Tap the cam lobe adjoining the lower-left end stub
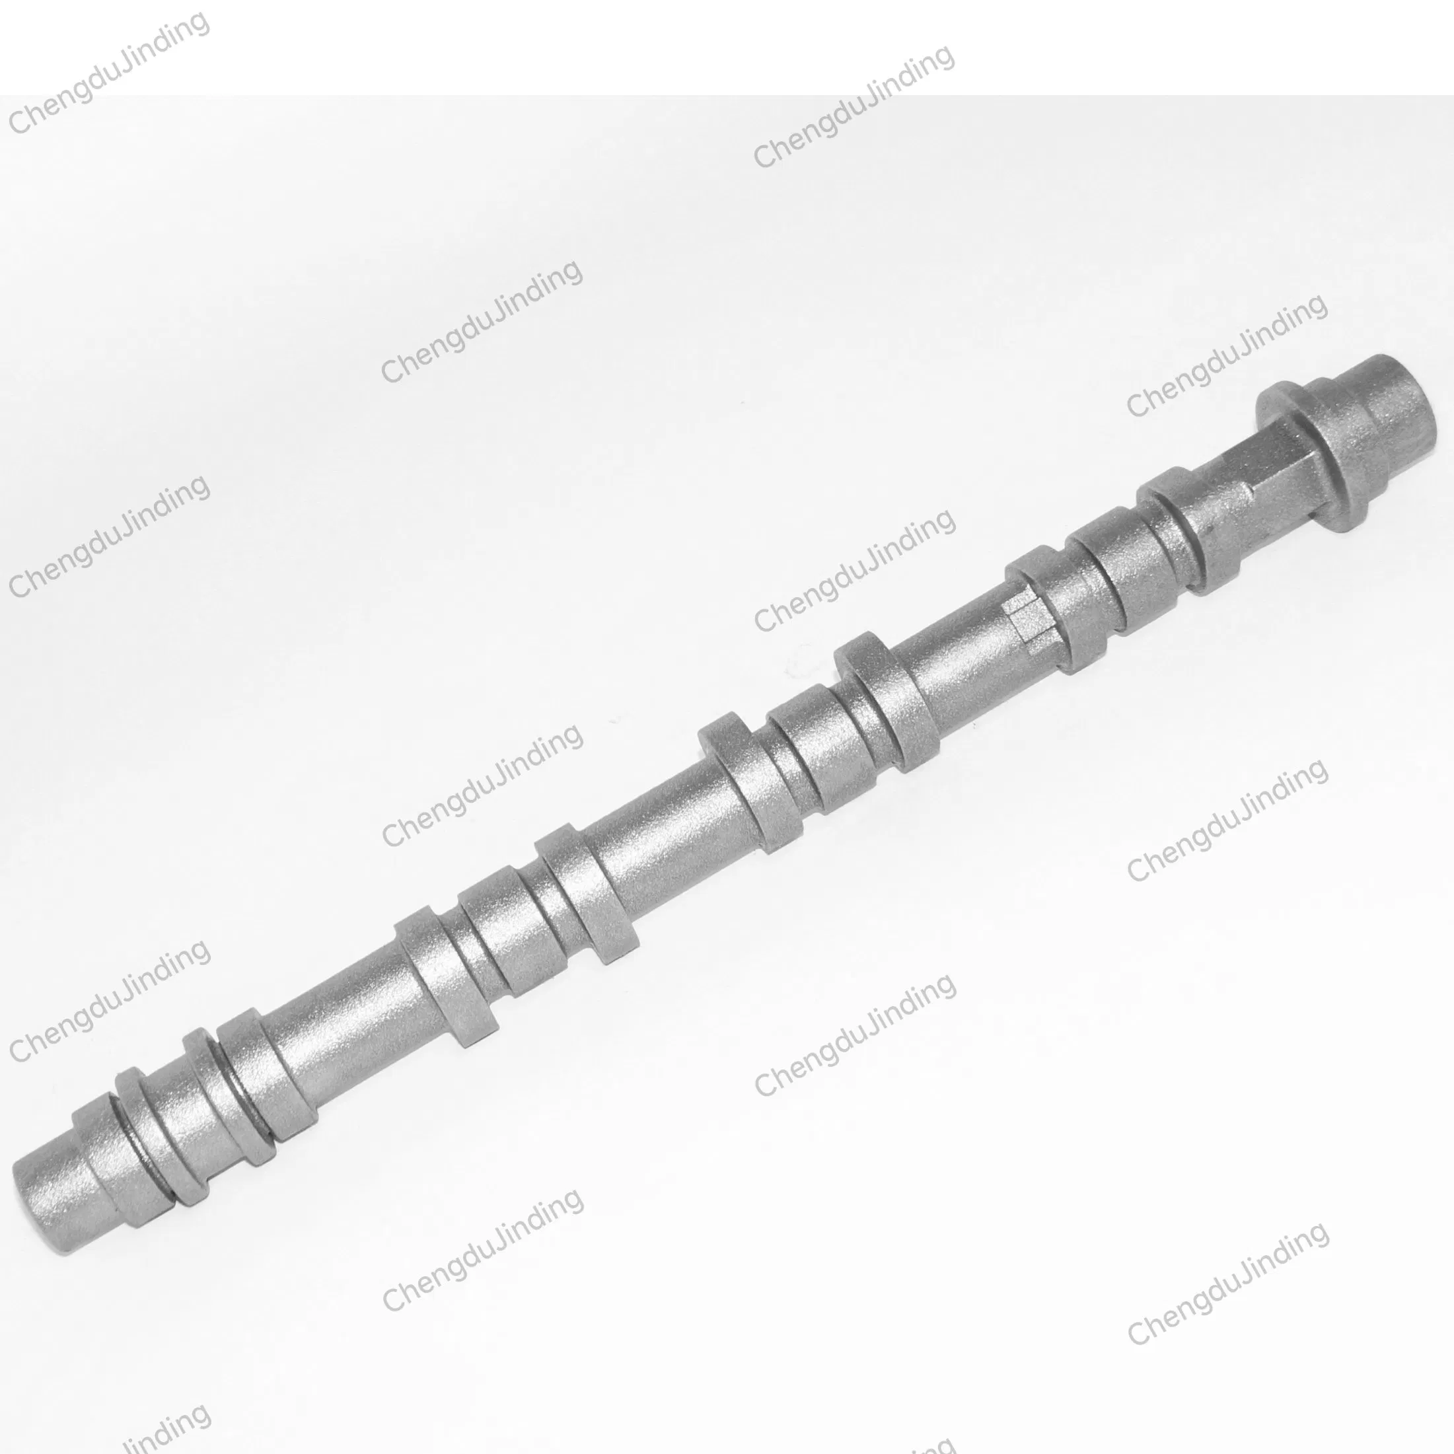point(113,1167)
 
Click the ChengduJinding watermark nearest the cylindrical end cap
point(1227,353)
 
